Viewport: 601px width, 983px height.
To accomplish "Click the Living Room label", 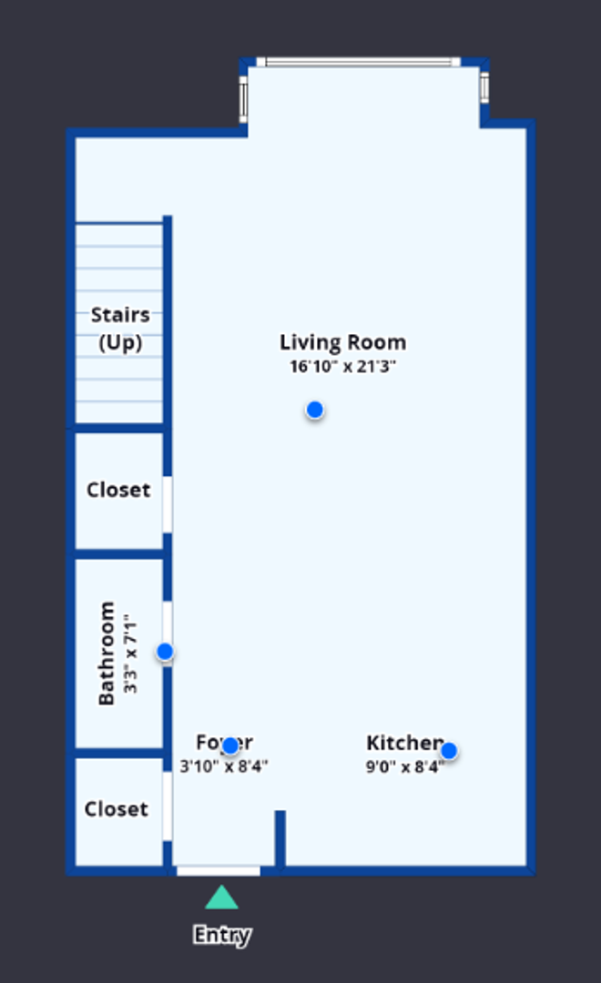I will tap(342, 343).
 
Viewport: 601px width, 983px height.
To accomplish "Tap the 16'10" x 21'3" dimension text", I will tap(342, 367).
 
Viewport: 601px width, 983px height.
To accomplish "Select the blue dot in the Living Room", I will tap(315, 410).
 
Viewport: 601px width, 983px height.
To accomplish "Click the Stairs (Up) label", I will tap(120, 329).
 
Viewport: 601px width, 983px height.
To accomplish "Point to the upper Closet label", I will tap(118, 490).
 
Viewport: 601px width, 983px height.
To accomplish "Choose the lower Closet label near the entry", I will tap(116, 809).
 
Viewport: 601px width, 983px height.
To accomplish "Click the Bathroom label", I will tap(107, 653).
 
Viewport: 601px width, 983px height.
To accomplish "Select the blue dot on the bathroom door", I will tap(165, 652).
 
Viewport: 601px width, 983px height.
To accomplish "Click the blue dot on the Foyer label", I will tap(230, 746).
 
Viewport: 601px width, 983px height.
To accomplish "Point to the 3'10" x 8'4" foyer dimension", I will tap(224, 766).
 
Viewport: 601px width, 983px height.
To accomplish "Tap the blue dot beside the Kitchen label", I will tap(449, 751).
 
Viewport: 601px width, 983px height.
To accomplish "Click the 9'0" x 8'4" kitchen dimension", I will tap(404, 766).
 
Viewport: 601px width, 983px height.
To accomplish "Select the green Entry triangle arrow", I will tap(221, 898).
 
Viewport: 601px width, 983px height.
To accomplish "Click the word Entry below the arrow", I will tap(221, 935).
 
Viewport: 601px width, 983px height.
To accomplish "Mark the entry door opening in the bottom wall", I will tap(219, 871).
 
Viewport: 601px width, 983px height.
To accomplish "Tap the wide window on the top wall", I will tap(358, 63).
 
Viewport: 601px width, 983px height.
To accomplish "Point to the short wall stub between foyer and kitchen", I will tap(280, 837).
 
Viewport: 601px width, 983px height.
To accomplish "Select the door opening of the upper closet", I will tap(168, 504).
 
